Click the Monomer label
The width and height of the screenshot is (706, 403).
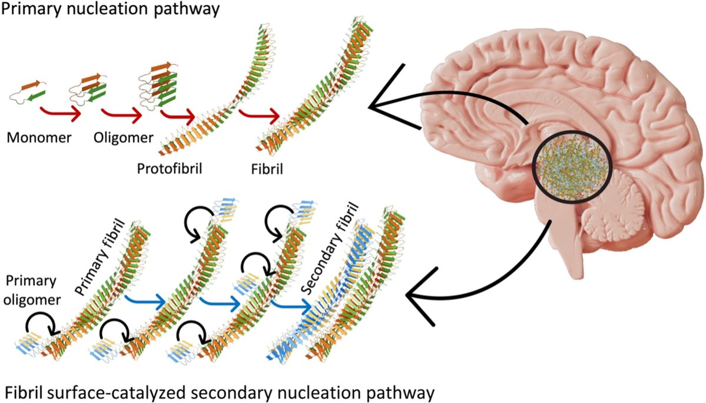pos(39,137)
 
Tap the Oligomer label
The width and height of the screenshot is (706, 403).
pos(124,137)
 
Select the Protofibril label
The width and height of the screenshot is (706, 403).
pos(170,169)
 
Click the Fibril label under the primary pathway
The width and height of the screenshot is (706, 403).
pos(267,169)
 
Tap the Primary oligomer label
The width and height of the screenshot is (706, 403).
pos(32,290)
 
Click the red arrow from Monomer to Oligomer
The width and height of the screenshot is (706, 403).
pos(60,114)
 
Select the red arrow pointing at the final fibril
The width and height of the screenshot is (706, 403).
pos(259,116)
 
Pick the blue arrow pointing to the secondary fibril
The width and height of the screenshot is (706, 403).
pos(291,306)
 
